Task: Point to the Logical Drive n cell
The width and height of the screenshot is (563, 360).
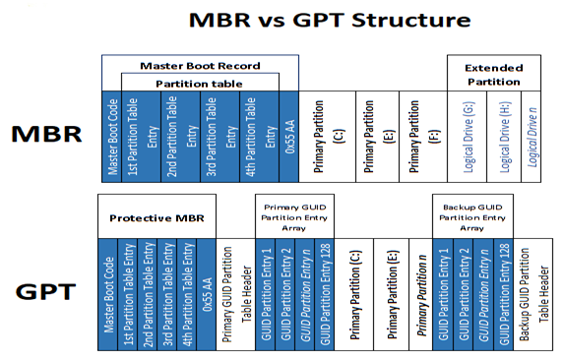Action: coord(531,139)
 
